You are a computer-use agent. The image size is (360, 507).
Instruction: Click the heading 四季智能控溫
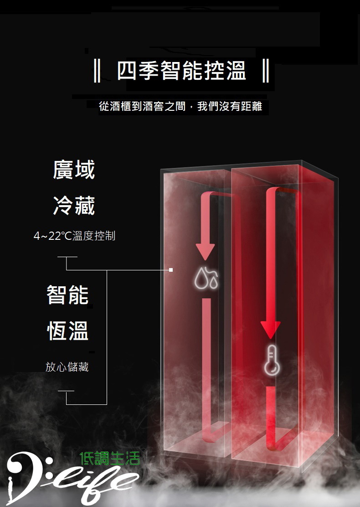pyautogui.click(x=182, y=70)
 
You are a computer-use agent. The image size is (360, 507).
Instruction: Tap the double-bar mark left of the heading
pyautogui.click(x=97, y=70)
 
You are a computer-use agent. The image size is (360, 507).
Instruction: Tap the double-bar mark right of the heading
pyautogui.click(x=266, y=70)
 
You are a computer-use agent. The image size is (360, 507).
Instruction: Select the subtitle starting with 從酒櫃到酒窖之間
pyautogui.click(x=180, y=106)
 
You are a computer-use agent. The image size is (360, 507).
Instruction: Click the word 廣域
pyautogui.click(x=74, y=170)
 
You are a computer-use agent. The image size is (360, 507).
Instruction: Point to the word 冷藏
pyautogui.click(x=74, y=205)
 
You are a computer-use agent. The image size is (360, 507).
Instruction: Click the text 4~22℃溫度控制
pyautogui.click(x=74, y=236)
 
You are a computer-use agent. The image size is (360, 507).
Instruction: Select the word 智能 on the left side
pyautogui.click(x=67, y=295)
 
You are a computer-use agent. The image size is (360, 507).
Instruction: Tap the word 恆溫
pyautogui.click(x=67, y=331)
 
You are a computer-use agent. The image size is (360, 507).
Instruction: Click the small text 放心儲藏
pyautogui.click(x=67, y=367)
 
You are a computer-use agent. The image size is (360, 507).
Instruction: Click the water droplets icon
pyautogui.click(x=206, y=278)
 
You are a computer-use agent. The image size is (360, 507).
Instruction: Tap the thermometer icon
pyautogui.click(x=272, y=360)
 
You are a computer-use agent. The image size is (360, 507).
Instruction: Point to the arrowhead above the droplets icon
pyautogui.click(x=205, y=252)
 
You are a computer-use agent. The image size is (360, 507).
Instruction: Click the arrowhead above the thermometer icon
pyautogui.click(x=271, y=330)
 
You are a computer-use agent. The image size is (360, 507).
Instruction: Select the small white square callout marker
pyautogui.click(x=171, y=269)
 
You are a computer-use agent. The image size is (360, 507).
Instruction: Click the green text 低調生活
pyautogui.click(x=110, y=459)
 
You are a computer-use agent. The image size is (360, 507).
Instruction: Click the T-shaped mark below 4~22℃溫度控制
pyautogui.click(x=67, y=263)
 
